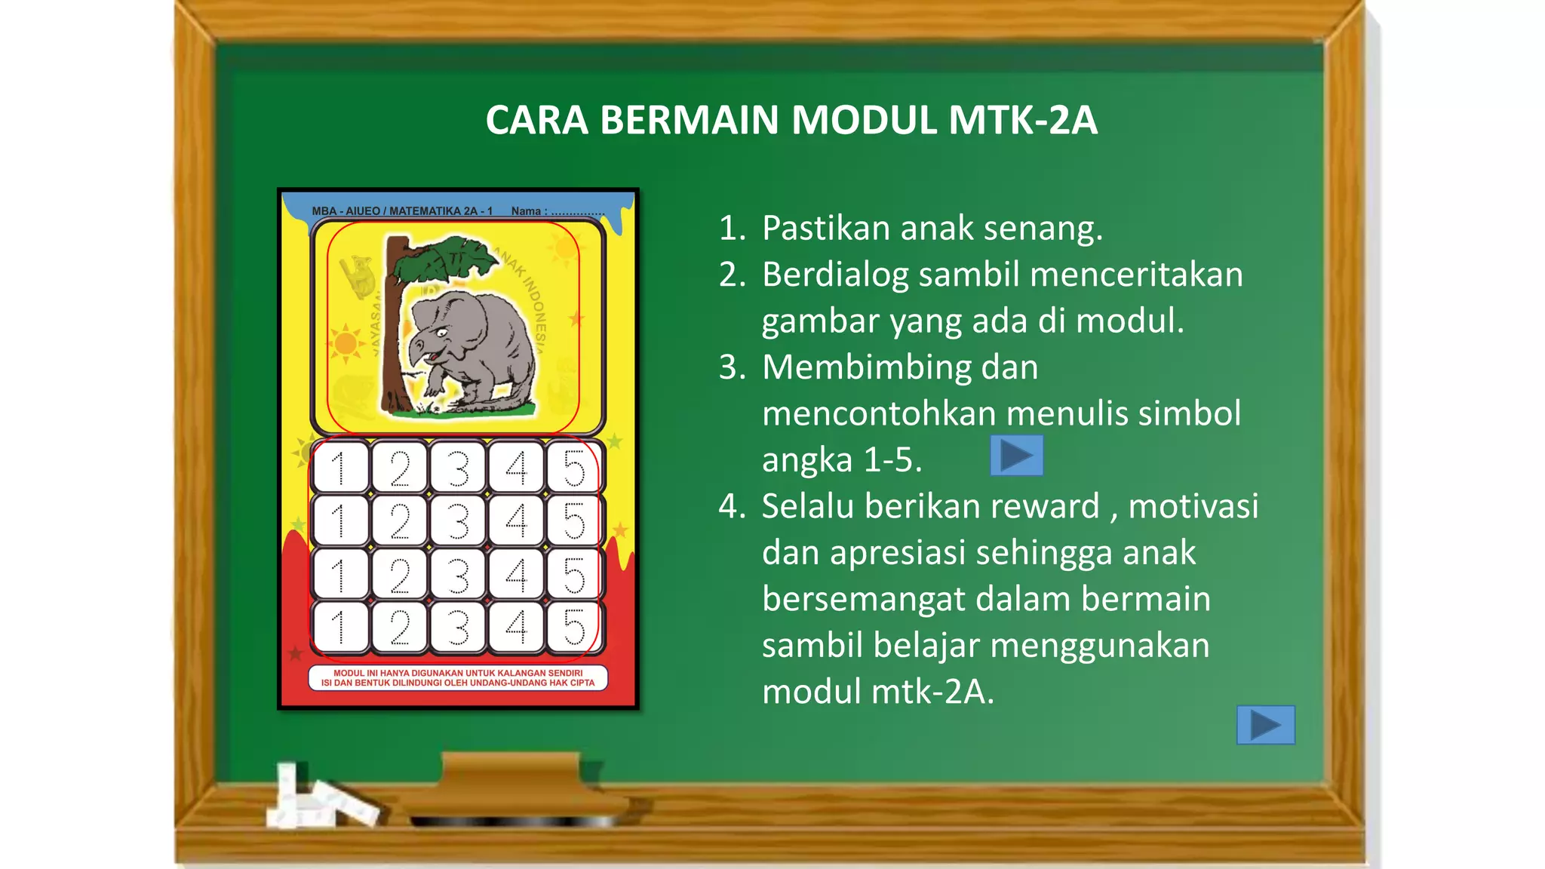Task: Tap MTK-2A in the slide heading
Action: pos(1022,121)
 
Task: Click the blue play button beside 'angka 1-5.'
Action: pos(1016,456)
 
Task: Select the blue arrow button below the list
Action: pos(1265,725)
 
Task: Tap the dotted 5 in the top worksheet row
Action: pos(574,468)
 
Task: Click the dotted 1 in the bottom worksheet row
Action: pos(339,628)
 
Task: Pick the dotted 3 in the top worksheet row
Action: pos(457,468)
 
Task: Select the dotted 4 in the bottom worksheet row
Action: pos(516,628)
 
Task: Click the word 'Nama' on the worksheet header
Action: pos(525,211)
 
